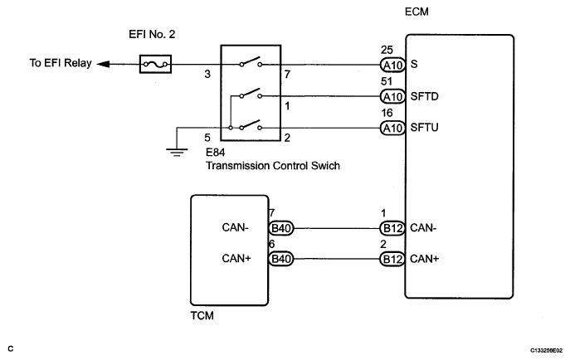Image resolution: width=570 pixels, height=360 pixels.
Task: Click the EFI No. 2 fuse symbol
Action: coord(155,65)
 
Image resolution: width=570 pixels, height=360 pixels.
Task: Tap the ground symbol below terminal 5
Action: coord(177,152)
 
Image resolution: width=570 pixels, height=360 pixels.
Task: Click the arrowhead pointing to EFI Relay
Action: coord(103,65)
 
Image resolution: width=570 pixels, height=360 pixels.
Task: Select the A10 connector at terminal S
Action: coord(392,65)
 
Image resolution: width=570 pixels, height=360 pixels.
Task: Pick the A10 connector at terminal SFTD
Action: coord(392,96)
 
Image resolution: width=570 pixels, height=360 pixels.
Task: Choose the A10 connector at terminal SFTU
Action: coord(392,128)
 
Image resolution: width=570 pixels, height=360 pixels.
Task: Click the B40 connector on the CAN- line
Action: coord(281,228)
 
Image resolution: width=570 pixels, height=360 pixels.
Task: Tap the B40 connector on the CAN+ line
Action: coord(281,259)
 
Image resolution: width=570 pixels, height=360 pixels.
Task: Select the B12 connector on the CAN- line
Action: coord(392,228)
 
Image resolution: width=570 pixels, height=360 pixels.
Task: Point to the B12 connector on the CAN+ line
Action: coord(392,259)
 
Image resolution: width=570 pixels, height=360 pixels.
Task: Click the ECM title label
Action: coord(417,12)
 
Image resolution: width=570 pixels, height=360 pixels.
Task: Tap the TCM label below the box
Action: coord(202,315)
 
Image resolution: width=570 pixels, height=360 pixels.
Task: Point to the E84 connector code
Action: coord(215,152)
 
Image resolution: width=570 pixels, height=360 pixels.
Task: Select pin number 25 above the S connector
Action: coord(387,50)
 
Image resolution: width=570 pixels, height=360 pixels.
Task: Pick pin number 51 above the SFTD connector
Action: coord(387,81)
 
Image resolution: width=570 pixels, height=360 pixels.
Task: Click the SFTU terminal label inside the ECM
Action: coord(424,128)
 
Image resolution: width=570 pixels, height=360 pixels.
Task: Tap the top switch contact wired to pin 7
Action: coord(251,61)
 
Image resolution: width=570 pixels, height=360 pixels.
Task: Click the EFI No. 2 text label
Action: coord(152,34)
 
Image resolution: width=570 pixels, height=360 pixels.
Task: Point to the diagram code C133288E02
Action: coord(547,351)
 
